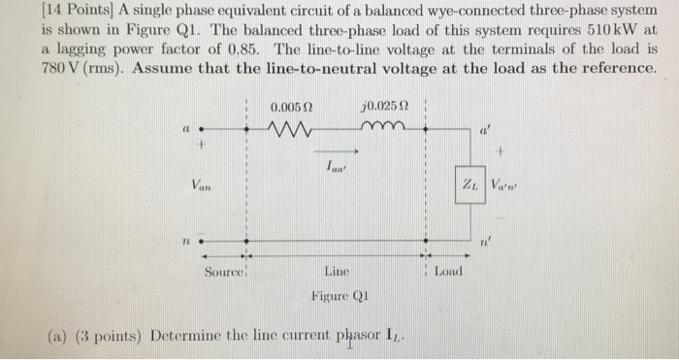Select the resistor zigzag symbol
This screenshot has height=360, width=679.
pos(290,129)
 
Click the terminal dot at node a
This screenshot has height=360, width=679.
pos(202,129)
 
